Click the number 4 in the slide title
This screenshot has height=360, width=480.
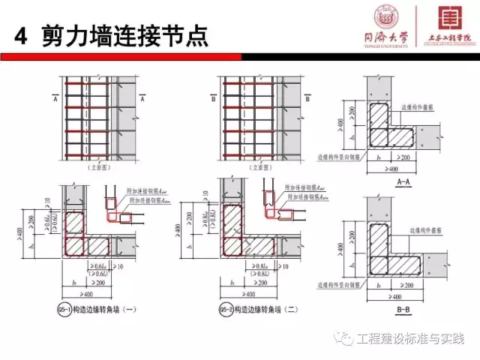(22, 35)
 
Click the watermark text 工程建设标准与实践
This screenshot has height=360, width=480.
(410, 340)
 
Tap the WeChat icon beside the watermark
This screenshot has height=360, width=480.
(346, 340)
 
